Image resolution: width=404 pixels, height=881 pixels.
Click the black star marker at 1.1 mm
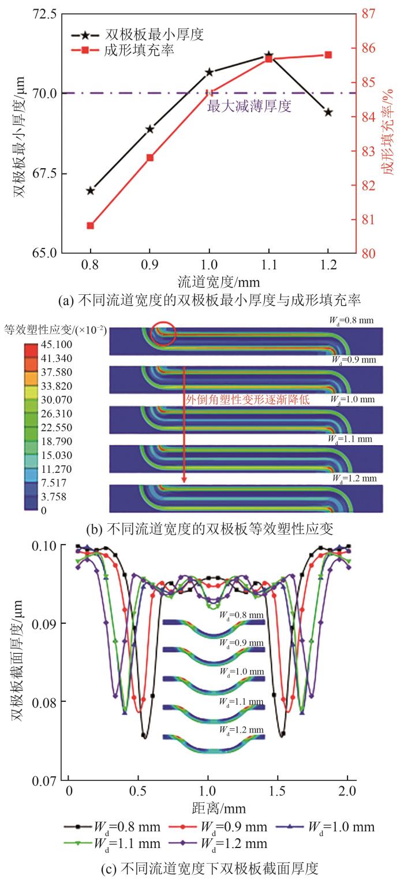point(268,55)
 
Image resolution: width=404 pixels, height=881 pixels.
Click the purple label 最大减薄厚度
point(249,106)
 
